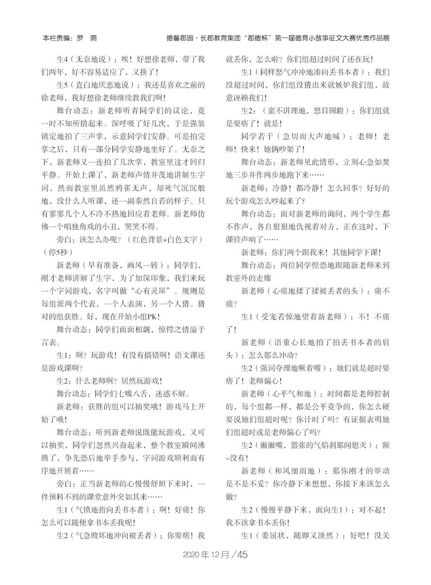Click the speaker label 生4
coord(63,59)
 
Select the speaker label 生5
coord(63,85)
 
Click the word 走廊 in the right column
coord(264,278)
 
